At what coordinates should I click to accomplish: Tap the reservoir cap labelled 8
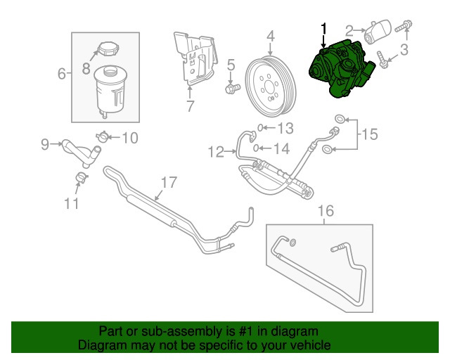(x=108, y=51)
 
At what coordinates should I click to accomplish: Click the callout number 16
(x=324, y=210)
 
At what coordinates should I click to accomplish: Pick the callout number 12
(x=215, y=149)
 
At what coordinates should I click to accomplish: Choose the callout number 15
(x=370, y=132)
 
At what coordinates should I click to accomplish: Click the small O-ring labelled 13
(x=260, y=128)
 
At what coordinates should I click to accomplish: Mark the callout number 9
(x=45, y=145)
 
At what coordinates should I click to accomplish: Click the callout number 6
(x=60, y=72)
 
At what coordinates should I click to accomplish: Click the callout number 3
(x=404, y=49)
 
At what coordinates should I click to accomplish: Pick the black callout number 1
(x=324, y=28)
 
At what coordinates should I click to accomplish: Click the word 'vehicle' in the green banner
(x=306, y=346)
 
